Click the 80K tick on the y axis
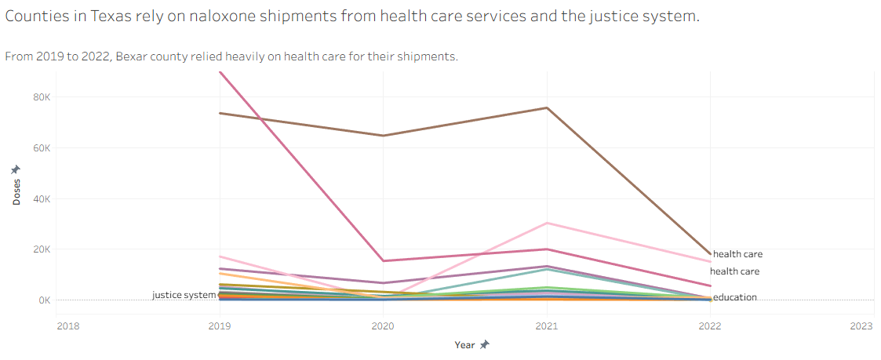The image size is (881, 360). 41,97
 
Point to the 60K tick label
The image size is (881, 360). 41,148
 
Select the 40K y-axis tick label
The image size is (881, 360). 41,199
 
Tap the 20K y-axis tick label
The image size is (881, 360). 41,249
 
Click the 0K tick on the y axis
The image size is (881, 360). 43,300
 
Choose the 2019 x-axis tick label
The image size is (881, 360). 219,325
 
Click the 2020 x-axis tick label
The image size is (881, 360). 383,325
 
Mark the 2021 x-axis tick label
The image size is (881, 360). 547,325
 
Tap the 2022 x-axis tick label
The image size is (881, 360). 710,325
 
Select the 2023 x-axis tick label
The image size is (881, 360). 861,325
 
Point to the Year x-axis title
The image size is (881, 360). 464,344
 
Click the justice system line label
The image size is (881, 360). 184,295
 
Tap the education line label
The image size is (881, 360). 735,297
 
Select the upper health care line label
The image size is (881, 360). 737,254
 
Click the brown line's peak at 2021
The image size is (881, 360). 547,107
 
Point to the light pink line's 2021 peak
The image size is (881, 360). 547,223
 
